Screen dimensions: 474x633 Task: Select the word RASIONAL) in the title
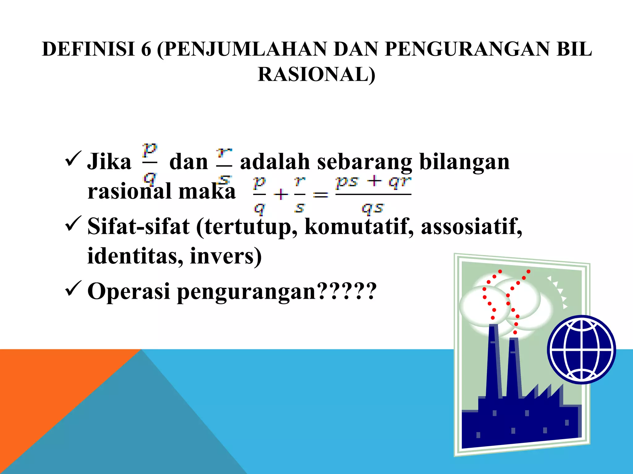(316, 75)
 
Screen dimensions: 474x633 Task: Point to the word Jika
(109, 162)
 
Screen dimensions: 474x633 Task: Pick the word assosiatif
(472, 227)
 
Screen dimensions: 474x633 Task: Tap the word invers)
(226, 256)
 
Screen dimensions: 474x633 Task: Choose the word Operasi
(129, 291)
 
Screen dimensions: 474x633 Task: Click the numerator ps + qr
(373, 182)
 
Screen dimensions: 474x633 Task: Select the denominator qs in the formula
(373, 208)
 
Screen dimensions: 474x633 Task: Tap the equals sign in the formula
(321, 195)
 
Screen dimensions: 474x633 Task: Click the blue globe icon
(581, 350)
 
